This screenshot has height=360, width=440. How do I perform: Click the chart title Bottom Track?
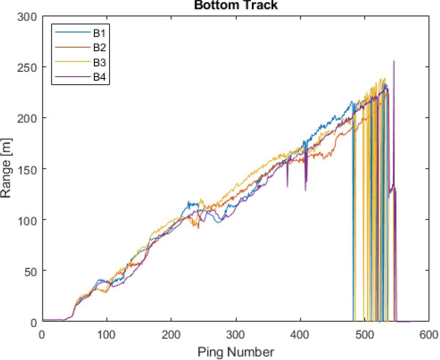(x=236, y=5)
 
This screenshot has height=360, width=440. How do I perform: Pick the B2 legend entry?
(x=99, y=47)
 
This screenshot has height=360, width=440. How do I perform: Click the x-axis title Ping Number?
(x=236, y=352)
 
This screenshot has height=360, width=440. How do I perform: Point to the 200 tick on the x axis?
(x=171, y=334)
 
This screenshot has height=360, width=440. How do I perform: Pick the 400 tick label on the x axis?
(x=300, y=334)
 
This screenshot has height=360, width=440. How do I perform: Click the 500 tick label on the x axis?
(x=364, y=334)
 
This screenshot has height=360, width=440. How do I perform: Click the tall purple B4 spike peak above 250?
(x=394, y=61)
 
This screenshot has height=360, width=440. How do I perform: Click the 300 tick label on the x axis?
(x=236, y=334)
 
